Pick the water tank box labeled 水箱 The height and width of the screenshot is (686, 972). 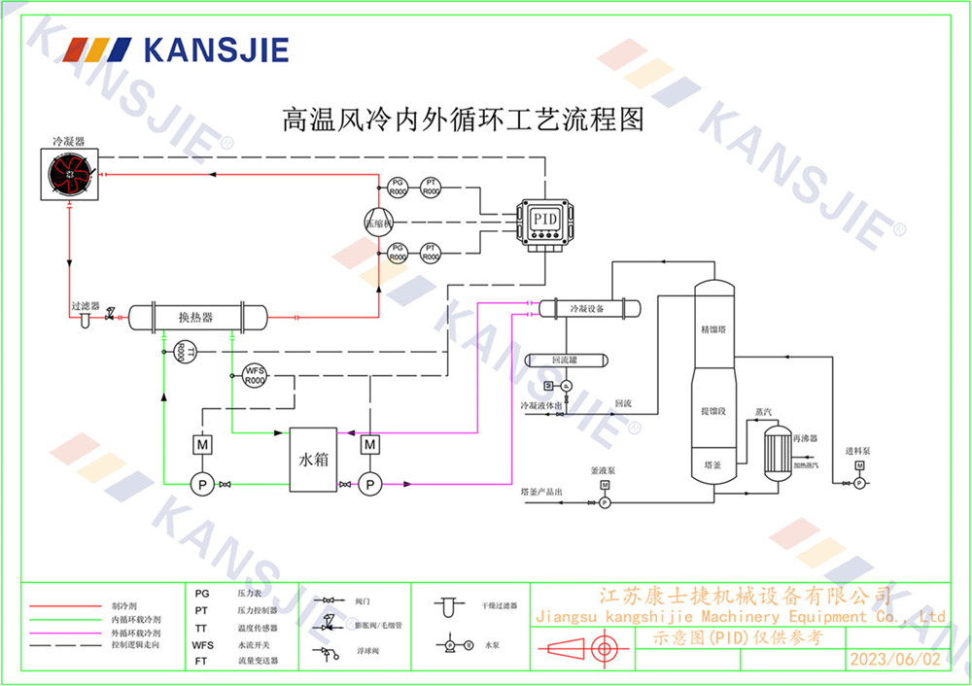(313, 458)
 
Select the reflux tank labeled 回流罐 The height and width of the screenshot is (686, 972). (565, 360)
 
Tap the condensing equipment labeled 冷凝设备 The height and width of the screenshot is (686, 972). (586, 309)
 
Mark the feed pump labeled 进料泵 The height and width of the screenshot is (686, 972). (859, 481)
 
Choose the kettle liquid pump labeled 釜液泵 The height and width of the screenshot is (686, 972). (604, 502)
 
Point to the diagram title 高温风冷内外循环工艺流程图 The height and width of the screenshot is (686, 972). (464, 120)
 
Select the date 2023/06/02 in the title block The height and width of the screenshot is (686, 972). (895, 659)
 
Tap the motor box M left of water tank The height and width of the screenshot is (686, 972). (203, 444)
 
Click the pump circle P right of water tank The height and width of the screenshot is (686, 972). (369, 483)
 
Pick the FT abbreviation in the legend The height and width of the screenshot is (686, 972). (201, 660)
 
